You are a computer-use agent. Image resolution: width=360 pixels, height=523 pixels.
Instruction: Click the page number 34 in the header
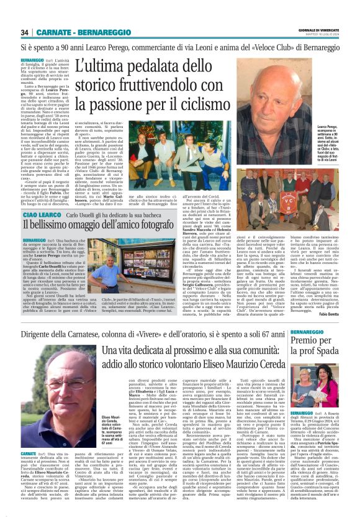(x=25, y=32)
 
